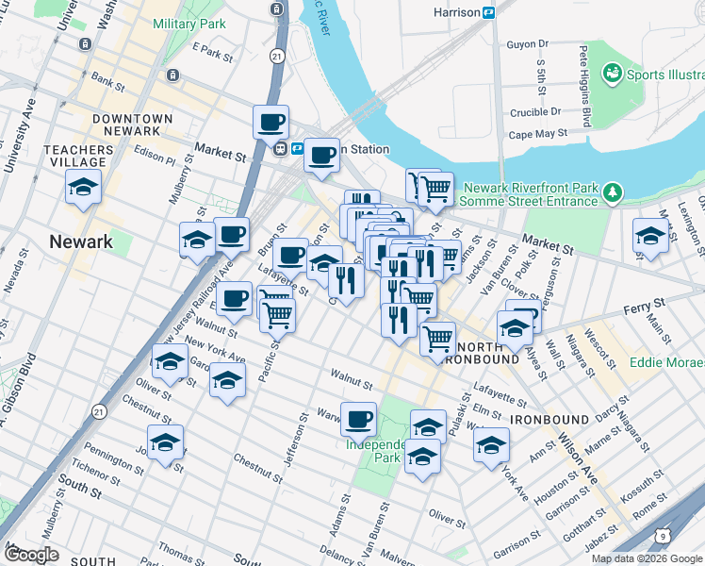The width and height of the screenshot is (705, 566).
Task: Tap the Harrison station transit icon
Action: (489, 12)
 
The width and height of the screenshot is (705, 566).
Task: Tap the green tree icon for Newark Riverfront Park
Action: (614, 192)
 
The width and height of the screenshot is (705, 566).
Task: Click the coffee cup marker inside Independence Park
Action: (358, 418)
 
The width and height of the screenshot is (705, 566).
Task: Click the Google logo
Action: (31, 555)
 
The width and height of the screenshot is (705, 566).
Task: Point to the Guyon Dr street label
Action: (528, 44)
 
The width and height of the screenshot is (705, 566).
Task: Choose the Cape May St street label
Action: (538, 135)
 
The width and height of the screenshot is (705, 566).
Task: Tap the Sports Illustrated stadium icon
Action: (612, 73)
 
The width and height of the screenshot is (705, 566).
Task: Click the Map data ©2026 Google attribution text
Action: (647, 558)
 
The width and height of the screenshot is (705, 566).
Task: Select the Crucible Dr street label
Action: (529, 112)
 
